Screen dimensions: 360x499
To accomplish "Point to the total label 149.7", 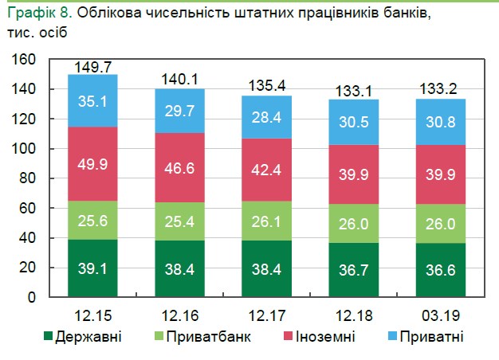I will pos(92,68).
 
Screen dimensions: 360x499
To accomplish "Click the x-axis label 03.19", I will pos(440,313).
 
